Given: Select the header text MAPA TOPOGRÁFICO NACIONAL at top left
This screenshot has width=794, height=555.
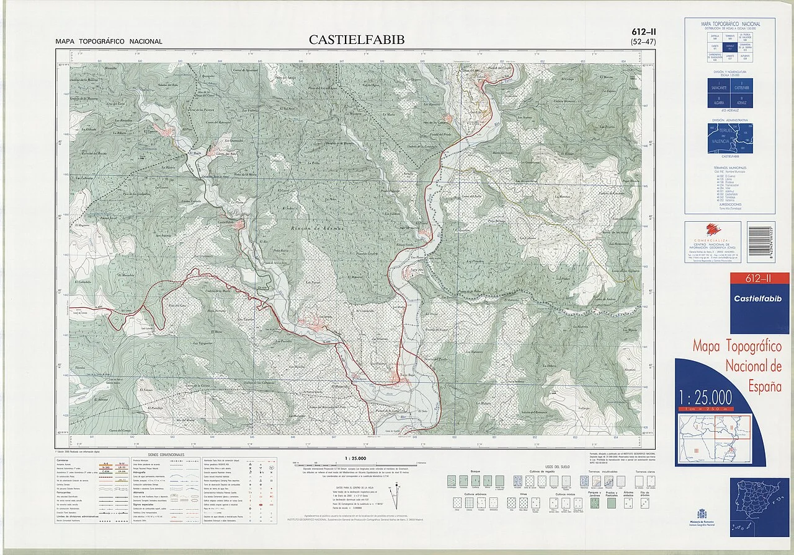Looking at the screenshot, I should point(109,42).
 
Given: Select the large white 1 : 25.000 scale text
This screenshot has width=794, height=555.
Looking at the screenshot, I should point(705,398).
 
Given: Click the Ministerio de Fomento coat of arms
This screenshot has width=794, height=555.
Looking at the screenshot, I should point(702,513).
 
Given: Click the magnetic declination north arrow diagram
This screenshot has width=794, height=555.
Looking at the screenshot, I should point(391,496).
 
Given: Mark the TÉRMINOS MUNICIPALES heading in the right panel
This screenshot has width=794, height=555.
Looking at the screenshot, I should point(729,168).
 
